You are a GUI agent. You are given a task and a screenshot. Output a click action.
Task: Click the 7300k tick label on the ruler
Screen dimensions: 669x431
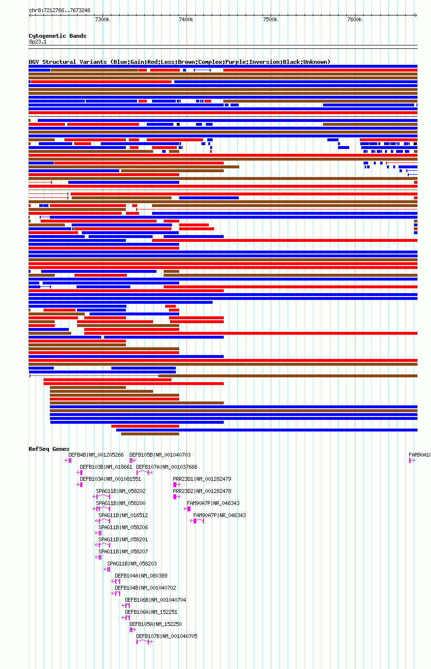(x=102, y=19)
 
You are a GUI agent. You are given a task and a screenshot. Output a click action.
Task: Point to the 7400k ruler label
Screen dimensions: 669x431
(x=186, y=19)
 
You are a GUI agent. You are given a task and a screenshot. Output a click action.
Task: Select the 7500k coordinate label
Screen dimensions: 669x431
(x=270, y=19)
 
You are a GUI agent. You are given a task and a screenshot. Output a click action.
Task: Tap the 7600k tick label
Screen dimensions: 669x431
(x=354, y=19)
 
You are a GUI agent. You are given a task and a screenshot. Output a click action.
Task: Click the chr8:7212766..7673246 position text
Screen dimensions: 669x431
(x=60, y=10)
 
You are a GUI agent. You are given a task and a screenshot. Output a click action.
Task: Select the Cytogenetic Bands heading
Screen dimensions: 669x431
(x=57, y=36)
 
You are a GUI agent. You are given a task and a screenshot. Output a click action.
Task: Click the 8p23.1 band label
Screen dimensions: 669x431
(x=38, y=42)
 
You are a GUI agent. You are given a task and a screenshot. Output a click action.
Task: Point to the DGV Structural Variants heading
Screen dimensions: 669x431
(x=179, y=62)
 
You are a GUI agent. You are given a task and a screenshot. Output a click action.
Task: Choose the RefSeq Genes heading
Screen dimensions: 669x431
(x=49, y=449)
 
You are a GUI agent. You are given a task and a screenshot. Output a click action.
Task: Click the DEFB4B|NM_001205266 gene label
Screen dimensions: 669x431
(x=96, y=455)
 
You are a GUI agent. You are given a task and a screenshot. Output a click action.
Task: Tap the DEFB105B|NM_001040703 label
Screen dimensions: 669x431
(x=160, y=455)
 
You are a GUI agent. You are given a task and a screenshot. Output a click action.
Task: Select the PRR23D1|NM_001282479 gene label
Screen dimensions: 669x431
(x=202, y=479)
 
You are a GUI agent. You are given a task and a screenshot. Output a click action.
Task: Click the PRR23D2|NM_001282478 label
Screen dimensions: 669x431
(x=202, y=491)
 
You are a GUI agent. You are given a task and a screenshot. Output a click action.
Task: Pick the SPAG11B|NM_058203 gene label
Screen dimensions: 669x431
(x=132, y=564)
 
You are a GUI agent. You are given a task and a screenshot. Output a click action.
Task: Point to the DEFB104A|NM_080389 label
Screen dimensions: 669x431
(x=141, y=576)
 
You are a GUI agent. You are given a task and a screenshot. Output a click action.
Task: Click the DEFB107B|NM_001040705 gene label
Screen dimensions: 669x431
(x=167, y=636)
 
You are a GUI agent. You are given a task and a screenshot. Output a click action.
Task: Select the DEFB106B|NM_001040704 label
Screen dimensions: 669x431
(x=155, y=600)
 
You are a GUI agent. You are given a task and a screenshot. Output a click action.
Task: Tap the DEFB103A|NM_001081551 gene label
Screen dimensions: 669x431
(x=110, y=479)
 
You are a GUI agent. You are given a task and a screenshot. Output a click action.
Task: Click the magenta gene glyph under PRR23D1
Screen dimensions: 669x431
(x=176, y=484)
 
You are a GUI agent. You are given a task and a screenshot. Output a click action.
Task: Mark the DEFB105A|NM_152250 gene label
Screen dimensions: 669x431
(x=155, y=624)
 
